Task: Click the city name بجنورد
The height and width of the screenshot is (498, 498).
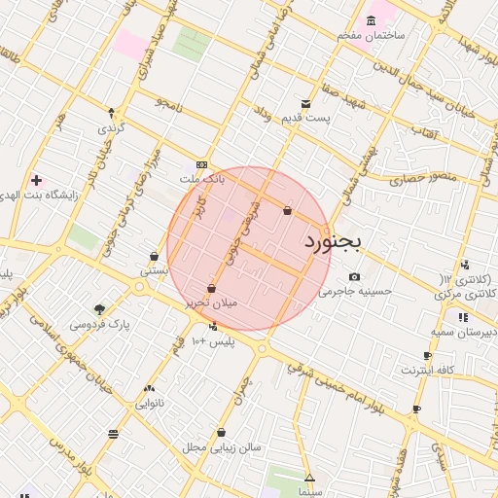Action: [x=333, y=239]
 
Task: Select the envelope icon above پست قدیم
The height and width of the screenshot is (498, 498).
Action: [x=306, y=103]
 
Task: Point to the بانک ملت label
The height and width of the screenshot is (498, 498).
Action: [x=202, y=180]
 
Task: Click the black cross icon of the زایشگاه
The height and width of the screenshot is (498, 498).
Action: [x=36, y=180]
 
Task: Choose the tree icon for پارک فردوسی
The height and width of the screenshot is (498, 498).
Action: [x=100, y=309]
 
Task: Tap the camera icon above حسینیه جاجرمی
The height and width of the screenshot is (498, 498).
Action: [x=353, y=276]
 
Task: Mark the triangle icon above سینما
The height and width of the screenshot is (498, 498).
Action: [x=309, y=479]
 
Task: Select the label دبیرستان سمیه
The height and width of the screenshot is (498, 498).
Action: [x=464, y=332]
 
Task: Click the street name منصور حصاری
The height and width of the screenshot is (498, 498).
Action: [x=415, y=180]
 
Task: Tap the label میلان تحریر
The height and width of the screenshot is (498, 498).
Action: [x=211, y=303]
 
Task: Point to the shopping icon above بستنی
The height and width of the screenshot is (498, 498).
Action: [x=154, y=257]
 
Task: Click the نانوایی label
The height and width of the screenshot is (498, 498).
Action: [x=149, y=402]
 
